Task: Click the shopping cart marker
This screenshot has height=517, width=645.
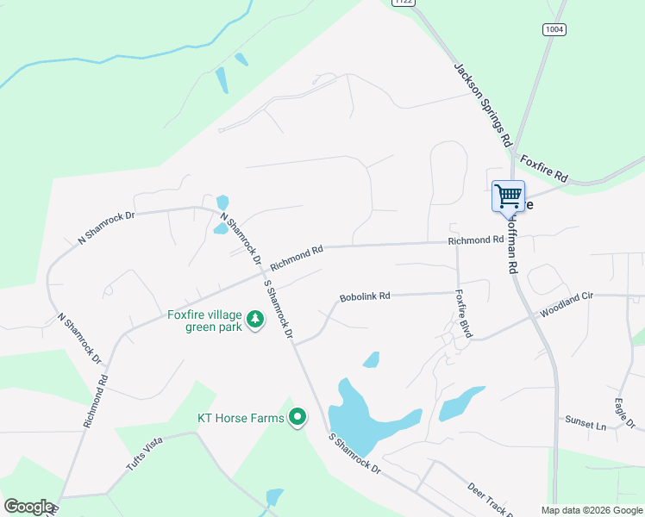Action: [508, 196]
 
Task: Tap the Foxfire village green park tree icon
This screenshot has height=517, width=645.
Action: [255, 320]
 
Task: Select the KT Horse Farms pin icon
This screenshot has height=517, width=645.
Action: [297, 419]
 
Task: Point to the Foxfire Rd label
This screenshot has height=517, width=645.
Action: [543, 167]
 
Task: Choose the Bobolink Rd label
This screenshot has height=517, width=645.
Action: [365, 296]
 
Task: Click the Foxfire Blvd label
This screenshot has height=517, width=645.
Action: [463, 313]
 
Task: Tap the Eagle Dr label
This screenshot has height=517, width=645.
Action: [625, 411]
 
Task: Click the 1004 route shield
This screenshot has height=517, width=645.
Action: [554, 29]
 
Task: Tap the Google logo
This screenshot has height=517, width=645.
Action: [28, 507]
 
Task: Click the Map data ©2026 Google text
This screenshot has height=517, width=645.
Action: [592, 510]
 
